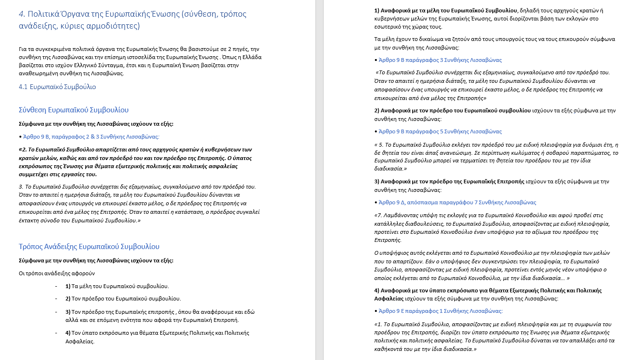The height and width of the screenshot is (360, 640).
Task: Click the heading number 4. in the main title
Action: [x=22, y=14]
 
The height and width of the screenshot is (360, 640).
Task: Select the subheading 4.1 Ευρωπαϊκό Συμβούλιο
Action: [x=57, y=87]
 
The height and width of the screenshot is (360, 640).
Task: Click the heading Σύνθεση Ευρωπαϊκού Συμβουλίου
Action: [x=73, y=110]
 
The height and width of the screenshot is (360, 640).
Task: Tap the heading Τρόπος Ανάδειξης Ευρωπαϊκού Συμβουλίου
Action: [x=89, y=247]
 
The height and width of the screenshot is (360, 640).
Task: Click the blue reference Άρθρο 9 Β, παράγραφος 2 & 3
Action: [x=84, y=137]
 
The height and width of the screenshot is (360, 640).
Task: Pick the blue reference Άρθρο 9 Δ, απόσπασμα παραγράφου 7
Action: [x=457, y=202]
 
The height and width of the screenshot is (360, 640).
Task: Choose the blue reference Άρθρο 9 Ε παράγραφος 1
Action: [x=440, y=311]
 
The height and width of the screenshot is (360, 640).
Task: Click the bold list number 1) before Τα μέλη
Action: [x=68, y=286]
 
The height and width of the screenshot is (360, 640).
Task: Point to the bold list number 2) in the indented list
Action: [x=68, y=299]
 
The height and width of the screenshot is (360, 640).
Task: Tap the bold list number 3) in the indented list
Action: [x=68, y=312]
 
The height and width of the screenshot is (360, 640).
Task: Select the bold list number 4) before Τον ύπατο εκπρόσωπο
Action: [x=68, y=333]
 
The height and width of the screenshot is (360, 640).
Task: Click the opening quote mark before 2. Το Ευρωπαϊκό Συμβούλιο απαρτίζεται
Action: [x=20, y=150]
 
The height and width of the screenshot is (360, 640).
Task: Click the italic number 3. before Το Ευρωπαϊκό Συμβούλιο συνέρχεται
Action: [x=20, y=186]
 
